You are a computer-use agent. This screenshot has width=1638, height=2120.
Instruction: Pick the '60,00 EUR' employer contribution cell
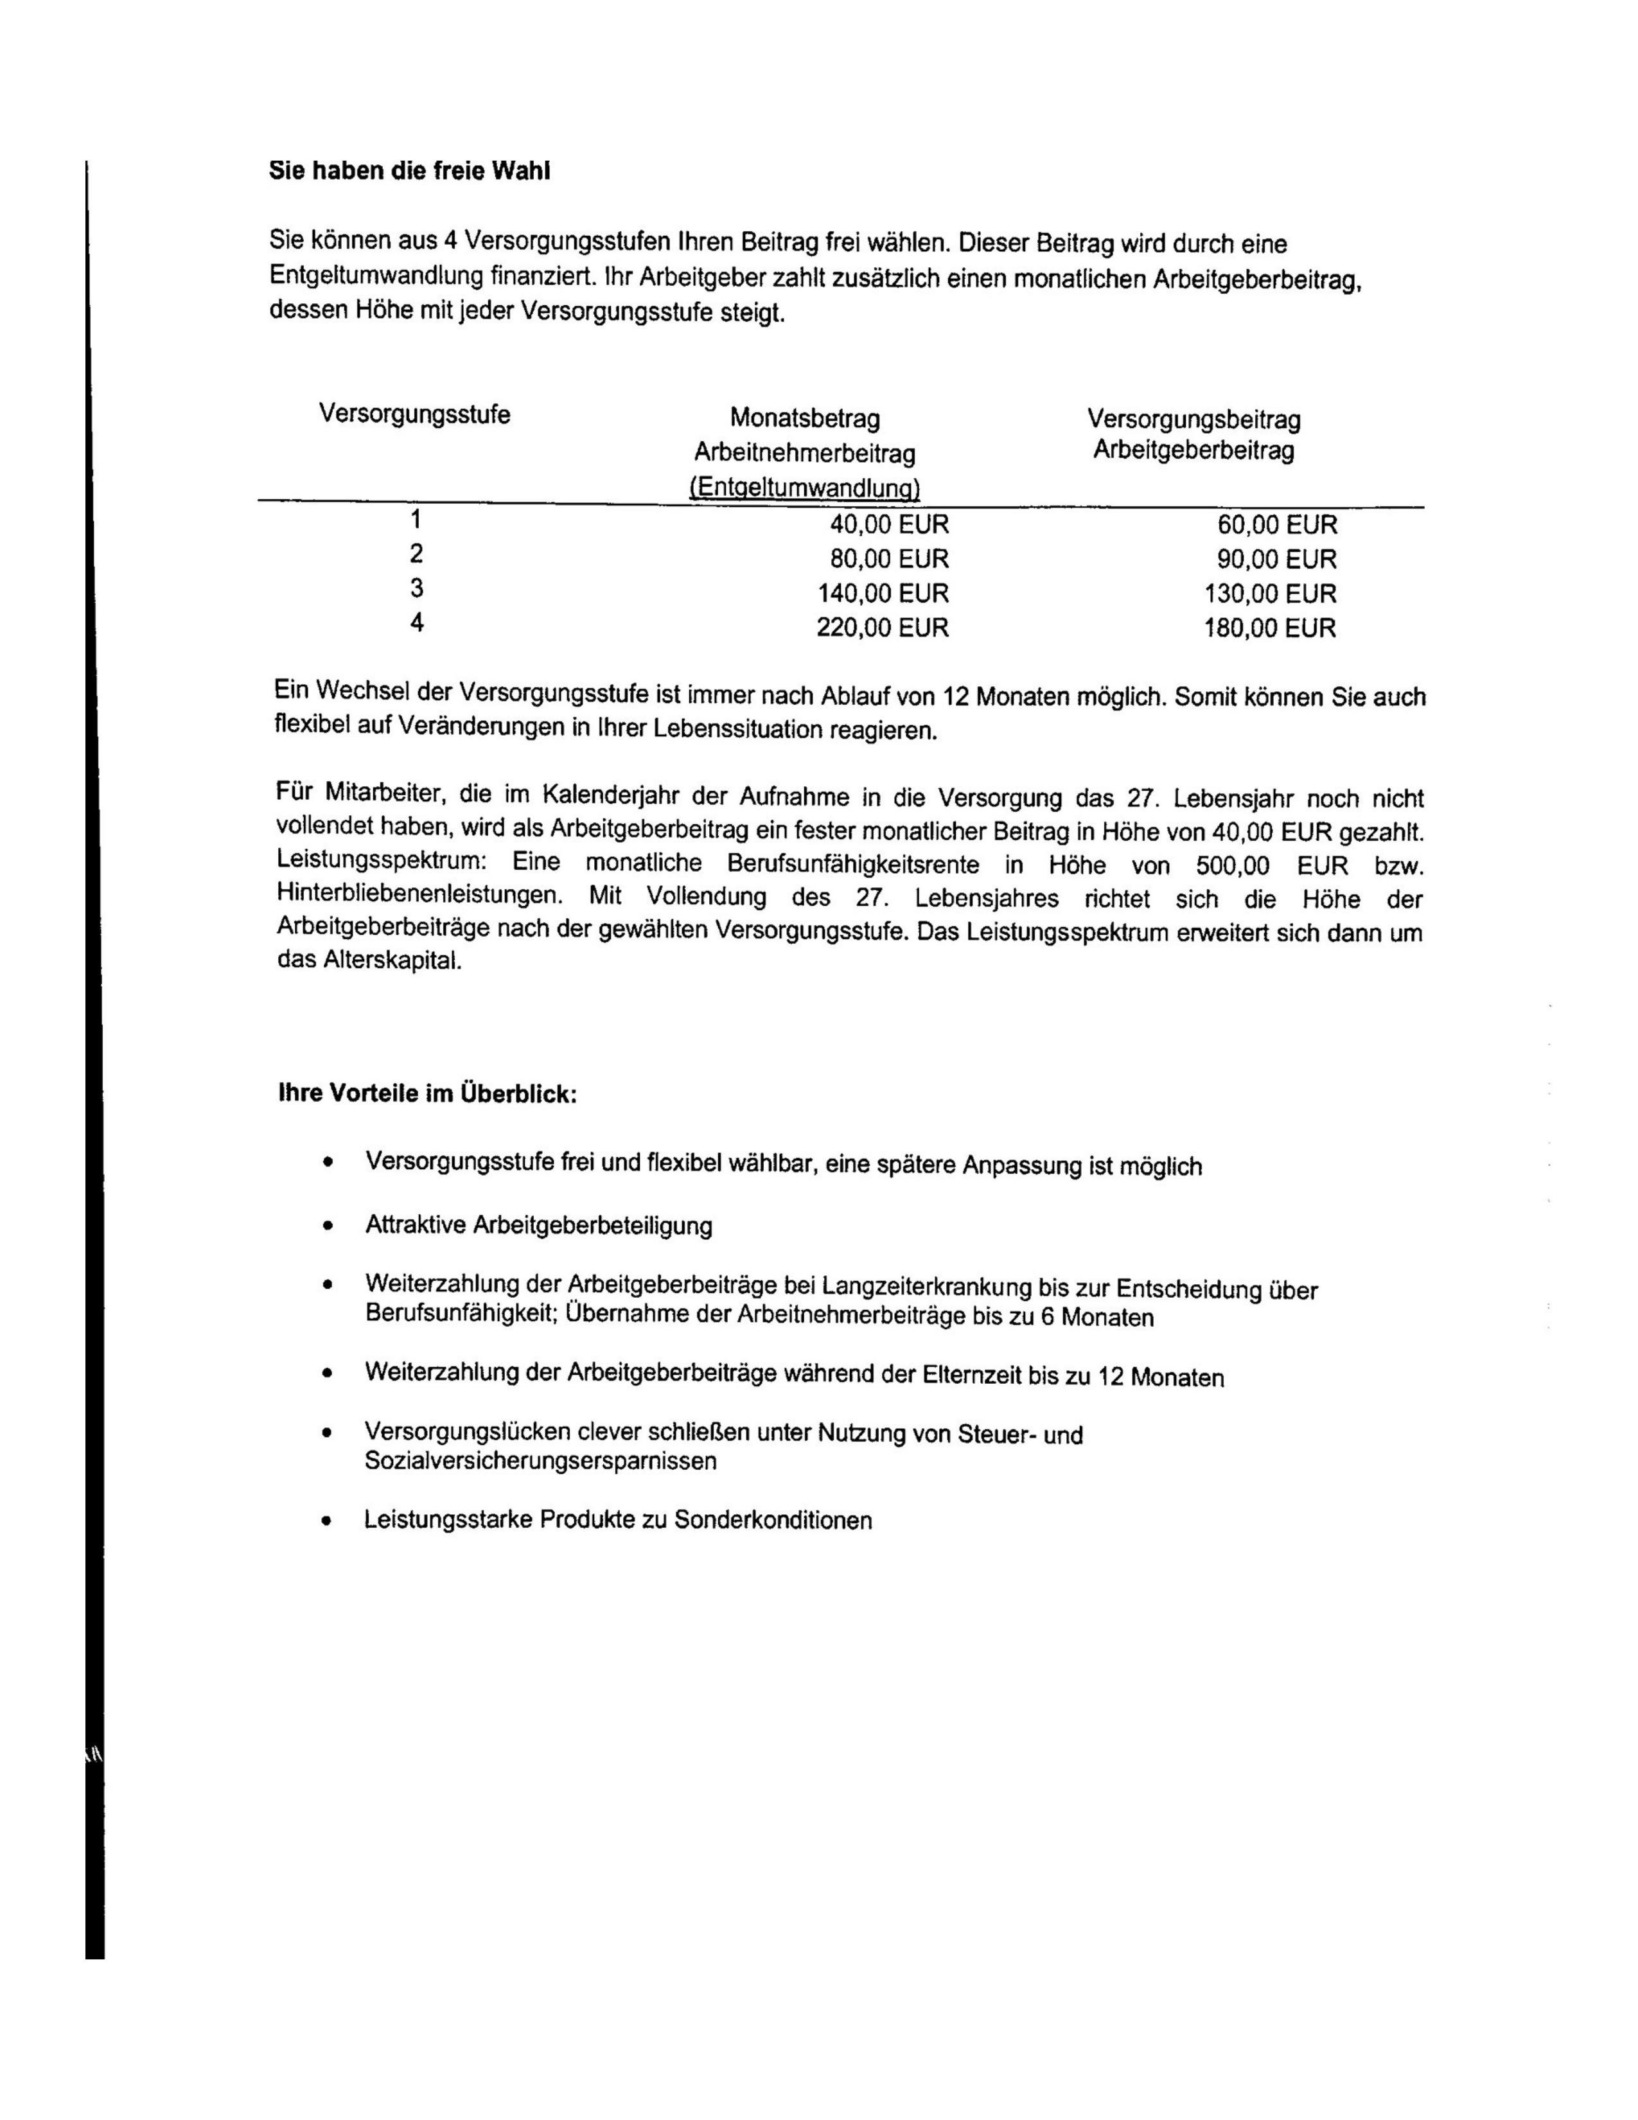(x=1277, y=525)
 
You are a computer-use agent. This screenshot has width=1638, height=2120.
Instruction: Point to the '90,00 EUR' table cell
(x=1277, y=559)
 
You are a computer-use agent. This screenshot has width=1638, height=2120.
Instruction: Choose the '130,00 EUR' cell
(x=1270, y=593)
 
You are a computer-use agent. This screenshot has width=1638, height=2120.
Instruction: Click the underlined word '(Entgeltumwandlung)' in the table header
(x=804, y=488)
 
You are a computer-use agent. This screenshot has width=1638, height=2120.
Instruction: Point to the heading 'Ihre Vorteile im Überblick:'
(x=428, y=1094)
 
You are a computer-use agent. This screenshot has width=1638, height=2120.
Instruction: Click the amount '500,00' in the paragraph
(x=1233, y=866)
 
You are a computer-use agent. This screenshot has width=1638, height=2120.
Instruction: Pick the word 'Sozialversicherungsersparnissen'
(x=540, y=1460)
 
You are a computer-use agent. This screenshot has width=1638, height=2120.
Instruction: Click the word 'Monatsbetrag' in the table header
(x=804, y=420)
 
